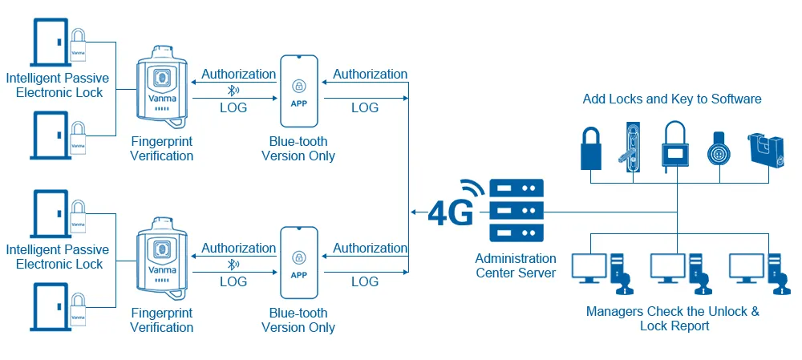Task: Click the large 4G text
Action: pos(450,212)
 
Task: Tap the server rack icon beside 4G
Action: pos(516,211)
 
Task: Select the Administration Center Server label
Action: pos(516,265)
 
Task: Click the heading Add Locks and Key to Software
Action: pos(672,99)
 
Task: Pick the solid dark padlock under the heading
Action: pos(592,148)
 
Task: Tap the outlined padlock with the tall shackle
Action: pos(674,146)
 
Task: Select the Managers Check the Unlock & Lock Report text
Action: pos(672,318)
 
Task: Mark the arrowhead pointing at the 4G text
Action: pos(413,212)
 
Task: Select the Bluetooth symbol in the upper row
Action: pos(233,91)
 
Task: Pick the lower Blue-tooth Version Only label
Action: pos(298,320)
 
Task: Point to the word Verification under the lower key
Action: pos(162,327)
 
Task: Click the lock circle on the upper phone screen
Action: pos(298,85)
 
